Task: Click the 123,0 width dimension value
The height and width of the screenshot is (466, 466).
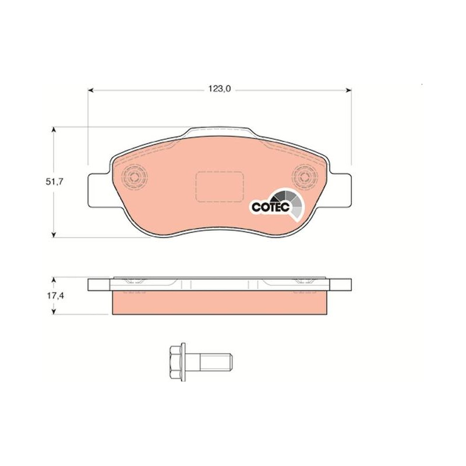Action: point(220,89)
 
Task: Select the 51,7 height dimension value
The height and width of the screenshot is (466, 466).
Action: point(54,182)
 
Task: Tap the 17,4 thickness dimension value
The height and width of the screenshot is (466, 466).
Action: point(55,296)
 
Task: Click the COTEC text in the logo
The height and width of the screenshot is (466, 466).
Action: point(270,207)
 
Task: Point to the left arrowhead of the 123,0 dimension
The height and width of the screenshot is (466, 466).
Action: point(91,90)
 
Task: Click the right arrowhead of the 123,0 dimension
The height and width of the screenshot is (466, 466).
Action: point(348,90)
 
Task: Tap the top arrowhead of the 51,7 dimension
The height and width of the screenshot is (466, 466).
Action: point(54,130)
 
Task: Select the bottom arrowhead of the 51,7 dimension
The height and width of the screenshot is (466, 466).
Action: point(54,235)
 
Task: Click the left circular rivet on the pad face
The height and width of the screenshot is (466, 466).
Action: point(135,178)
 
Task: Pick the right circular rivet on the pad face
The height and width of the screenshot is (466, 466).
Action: point(305,178)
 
